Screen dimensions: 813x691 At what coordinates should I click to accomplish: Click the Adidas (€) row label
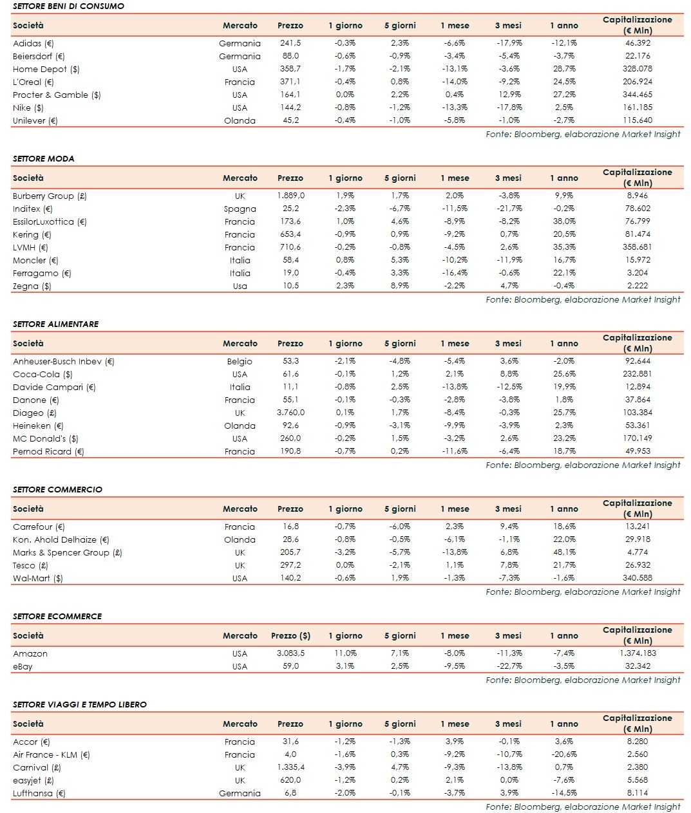click(33, 43)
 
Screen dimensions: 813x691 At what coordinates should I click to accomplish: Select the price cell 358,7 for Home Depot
click(290, 69)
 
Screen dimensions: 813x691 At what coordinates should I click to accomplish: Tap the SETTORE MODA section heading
click(43, 158)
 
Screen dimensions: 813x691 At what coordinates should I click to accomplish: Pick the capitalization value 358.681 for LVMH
click(637, 247)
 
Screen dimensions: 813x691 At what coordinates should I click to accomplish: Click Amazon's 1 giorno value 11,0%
click(345, 653)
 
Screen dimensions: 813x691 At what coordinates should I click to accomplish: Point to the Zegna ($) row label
click(32, 286)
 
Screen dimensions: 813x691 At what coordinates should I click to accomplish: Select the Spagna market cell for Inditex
click(240, 209)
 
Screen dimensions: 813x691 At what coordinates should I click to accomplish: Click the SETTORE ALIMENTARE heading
click(55, 324)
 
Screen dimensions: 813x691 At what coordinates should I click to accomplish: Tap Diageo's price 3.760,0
click(290, 413)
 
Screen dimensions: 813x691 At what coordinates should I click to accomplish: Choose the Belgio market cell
click(240, 361)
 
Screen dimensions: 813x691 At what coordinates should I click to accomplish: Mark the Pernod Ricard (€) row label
click(48, 451)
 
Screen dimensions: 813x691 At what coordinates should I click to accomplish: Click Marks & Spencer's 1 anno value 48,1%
click(564, 552)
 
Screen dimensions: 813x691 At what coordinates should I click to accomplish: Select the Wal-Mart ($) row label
click(38, 578)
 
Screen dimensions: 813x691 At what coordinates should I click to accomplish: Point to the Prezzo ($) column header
click(290, 635)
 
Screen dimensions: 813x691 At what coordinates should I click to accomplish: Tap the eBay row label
click(23, 666)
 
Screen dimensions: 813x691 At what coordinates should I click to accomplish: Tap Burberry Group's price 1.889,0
click(290, 196)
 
